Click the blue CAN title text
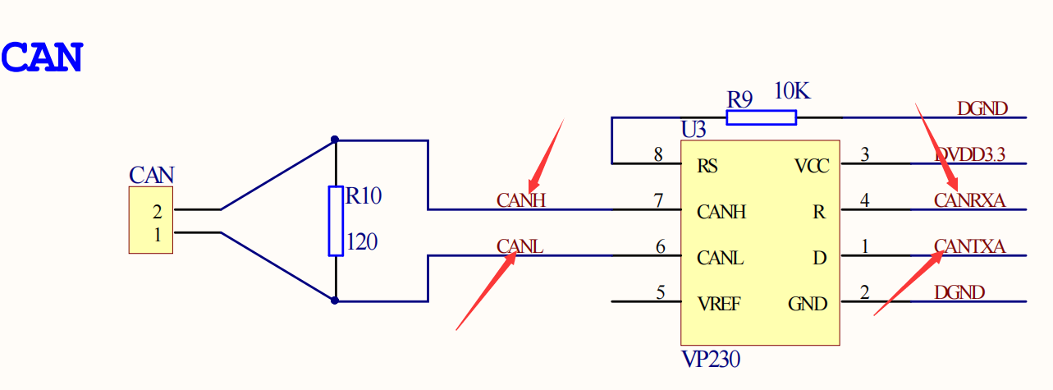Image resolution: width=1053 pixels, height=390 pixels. tap(42, 57)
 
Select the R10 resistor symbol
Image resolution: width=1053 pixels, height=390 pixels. tap(335, 221)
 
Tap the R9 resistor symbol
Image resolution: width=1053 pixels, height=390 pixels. tap(761, 117)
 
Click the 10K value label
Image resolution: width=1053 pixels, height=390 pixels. tap(792, 92)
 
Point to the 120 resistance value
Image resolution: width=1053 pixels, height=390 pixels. tap(362, 243)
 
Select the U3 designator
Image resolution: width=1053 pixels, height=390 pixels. tap(694, 130)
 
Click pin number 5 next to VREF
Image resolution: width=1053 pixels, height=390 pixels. tap(659, 291)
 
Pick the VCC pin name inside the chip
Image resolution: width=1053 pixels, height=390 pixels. tap(812, 167)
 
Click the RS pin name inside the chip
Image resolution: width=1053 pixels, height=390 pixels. tap(707, 167)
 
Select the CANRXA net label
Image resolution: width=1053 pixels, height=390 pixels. tap(969, 200)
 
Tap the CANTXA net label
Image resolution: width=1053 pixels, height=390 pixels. tap(969, 245)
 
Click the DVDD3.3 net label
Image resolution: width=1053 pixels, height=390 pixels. tap(970, 154)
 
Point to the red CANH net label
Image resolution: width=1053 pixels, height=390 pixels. tap(521, 200)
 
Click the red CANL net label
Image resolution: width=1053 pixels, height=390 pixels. tap(520, 246)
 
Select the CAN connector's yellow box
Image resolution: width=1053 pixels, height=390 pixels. tap(150, 219)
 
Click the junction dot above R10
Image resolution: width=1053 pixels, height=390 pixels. tap(335, 140)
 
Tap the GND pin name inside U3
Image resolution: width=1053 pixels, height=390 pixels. tap(808, 304)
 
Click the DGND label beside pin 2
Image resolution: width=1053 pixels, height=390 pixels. tap(959, 291)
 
